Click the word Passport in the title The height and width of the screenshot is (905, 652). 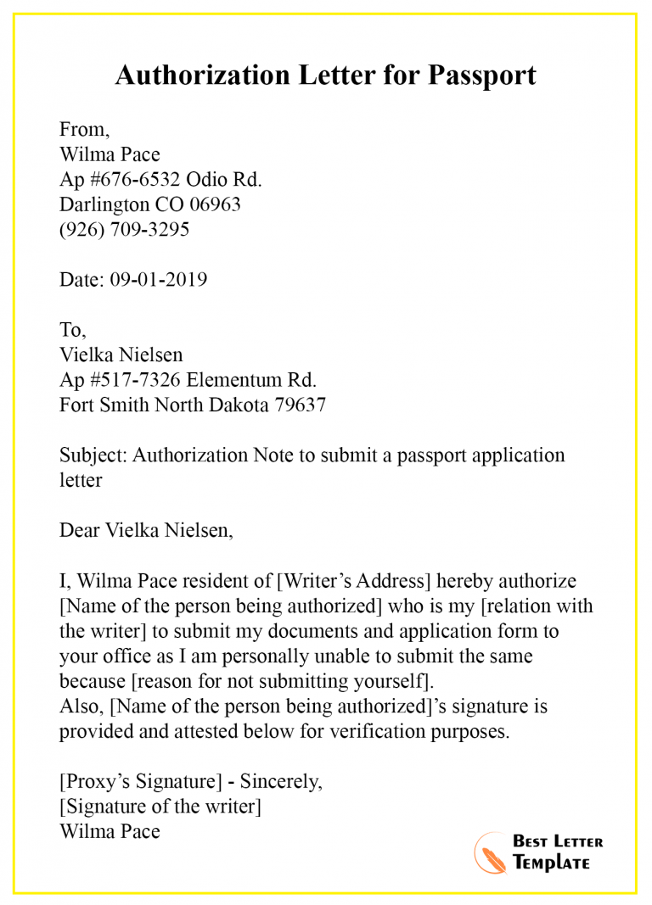[x=481, y=75]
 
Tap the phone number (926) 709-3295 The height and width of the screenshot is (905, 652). [x=124, y=230]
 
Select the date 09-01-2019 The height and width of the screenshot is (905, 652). [x=158, y=280]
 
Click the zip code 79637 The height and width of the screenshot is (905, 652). [x=300, y=405]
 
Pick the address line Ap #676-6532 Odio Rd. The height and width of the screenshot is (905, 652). [x=160, y=180]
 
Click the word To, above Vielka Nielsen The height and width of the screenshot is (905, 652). [x=72, y=330]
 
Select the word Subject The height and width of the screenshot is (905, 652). [x=93, y=455]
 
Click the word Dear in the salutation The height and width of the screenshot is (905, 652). [x=79, y=531]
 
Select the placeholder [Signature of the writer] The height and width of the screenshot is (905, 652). [x=160, y=807]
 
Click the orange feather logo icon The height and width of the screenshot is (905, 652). [x=489, y=851]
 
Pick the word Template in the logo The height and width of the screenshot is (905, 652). [x=551, y=863]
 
